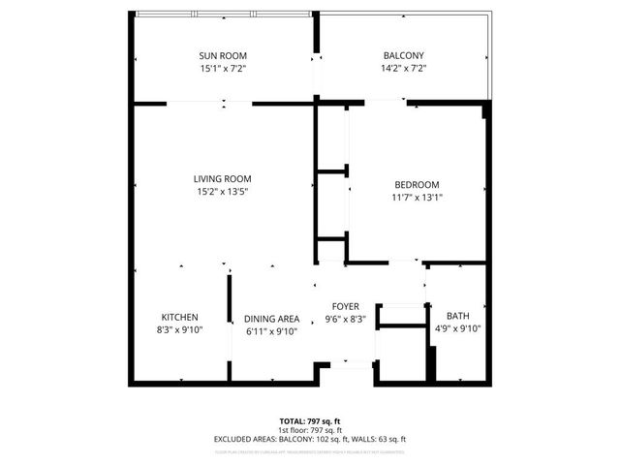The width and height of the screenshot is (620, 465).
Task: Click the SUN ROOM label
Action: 223,55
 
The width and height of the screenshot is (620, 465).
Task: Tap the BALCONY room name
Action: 403,55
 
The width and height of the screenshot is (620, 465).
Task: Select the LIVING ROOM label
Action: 223,178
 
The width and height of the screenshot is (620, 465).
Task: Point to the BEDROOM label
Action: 417,185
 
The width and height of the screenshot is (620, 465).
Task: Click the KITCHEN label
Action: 180,318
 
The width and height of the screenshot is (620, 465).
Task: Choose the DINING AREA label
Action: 271,319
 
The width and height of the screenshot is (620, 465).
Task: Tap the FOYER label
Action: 346,304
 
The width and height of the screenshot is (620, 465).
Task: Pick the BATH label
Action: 457,316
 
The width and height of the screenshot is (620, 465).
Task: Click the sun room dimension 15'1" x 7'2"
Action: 223,69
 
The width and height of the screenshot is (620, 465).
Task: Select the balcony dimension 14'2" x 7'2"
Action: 403,69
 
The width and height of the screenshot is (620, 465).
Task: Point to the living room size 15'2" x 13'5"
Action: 223,192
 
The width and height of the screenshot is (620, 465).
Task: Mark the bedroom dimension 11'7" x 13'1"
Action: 417,199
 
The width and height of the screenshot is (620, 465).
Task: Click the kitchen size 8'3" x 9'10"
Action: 180,331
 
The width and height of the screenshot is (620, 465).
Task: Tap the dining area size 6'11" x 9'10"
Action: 271,331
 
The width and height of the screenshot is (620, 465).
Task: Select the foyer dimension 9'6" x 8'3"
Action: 346,318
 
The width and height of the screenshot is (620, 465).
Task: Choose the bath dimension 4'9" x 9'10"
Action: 457,328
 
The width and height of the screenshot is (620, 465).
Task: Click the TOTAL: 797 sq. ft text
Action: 310,421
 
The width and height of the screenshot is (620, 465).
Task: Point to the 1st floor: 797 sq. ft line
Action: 310,430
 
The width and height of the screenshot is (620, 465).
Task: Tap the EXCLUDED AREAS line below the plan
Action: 310,439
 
